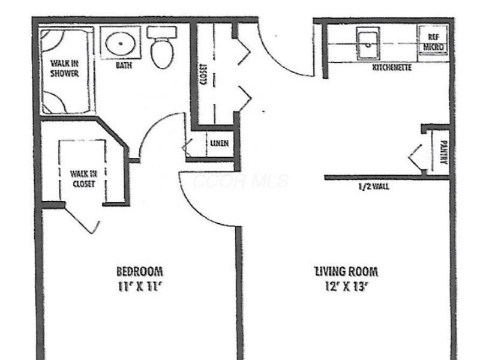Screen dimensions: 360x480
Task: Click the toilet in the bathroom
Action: [160, 51]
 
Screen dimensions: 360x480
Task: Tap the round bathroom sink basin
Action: [121, 43]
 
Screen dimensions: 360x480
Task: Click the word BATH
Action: [124, 65]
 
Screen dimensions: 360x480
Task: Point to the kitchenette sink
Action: [365, 44]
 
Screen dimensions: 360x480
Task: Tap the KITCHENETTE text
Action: [392, 68]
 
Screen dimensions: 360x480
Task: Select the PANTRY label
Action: [443, 152]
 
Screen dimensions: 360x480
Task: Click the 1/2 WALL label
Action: [373, 187]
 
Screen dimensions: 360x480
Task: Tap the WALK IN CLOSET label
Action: [83, 179]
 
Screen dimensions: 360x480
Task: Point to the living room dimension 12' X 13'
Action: [346, 286]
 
